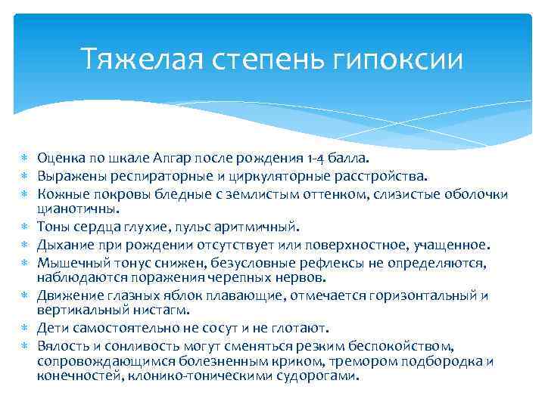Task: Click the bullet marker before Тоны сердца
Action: (x=22, y=227)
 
